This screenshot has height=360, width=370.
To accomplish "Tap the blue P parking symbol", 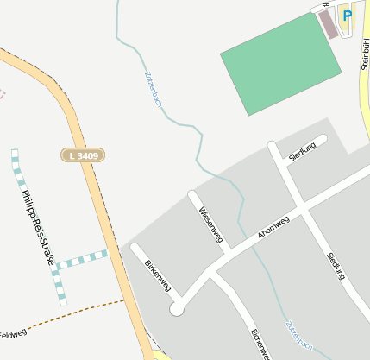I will (347, 16).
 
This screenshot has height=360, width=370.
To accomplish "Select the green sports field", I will (281, 64).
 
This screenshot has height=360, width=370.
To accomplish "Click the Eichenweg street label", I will (261, 344).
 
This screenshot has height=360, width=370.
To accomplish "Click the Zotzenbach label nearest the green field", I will (154, 89).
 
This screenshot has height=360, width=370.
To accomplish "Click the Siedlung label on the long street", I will (336, 265).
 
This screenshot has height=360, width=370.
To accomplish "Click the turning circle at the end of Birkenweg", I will (177, 309).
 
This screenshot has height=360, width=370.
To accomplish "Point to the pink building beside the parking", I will (329, 23).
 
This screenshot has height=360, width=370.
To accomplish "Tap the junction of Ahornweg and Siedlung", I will (303, 207).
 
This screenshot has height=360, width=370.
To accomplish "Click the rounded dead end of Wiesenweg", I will (193, 195).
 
